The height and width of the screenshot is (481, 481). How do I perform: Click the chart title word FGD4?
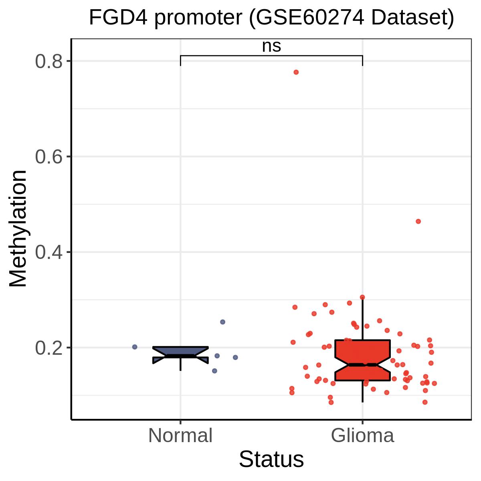pos(118,18)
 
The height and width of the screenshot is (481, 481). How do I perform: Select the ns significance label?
pos(271,46)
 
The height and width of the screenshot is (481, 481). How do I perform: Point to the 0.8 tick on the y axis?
pos(49,61)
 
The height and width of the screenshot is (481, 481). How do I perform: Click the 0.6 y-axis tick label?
pos(49,157)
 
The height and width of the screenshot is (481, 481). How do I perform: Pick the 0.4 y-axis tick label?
pos(49,253)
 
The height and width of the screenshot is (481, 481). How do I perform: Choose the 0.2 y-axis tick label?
pos(49,348)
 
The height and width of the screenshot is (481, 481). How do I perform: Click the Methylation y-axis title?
pos(18,228)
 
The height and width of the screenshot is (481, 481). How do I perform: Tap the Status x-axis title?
pos(271,459)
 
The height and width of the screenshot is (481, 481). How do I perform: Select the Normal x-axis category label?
pos(180,436)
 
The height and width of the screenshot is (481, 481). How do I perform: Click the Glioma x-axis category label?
pos(362,436)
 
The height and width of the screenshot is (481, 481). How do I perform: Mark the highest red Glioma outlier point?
pos(296,72)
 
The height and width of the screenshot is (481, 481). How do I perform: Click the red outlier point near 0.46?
pos(418,221)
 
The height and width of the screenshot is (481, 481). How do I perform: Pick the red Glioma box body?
pos(362,360)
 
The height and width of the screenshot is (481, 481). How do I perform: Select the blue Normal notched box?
pos(180,355)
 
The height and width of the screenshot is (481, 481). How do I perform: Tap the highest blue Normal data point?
pos(222,322)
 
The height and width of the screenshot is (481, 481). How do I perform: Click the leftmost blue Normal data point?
pos(135,347)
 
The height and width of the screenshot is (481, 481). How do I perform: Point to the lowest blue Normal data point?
pos(215,371)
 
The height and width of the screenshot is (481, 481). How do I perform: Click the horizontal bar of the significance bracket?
pos(271,56)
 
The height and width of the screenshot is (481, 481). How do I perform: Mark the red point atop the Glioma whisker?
pos(362,297)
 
